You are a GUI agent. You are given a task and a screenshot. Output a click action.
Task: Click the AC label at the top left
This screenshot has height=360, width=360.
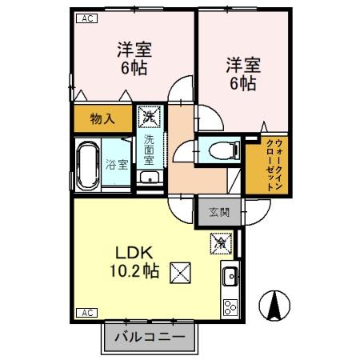pos(85,18)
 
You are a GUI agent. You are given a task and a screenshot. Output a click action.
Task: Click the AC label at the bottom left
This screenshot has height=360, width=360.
pos(85,312)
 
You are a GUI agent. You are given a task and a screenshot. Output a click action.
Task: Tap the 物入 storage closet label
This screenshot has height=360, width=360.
pos(102,119)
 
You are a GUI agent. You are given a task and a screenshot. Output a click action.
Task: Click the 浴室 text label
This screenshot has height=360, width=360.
pos(117,165)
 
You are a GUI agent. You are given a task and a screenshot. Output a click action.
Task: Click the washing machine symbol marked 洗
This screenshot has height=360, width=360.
pos(150,117)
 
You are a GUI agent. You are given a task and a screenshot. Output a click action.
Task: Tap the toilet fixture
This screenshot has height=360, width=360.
pos(220,149)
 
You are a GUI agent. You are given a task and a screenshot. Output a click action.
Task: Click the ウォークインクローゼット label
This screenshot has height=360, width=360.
pos(273,163)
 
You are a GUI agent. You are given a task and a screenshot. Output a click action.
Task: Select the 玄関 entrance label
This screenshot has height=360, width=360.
pos(219,212)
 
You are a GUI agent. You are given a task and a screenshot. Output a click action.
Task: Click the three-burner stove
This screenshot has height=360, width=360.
pos(230,306)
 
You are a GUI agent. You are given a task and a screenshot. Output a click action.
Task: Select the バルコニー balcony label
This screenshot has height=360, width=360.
pos(149,337)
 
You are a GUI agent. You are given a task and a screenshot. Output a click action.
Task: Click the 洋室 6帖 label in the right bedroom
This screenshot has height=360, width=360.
pos(240,74)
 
